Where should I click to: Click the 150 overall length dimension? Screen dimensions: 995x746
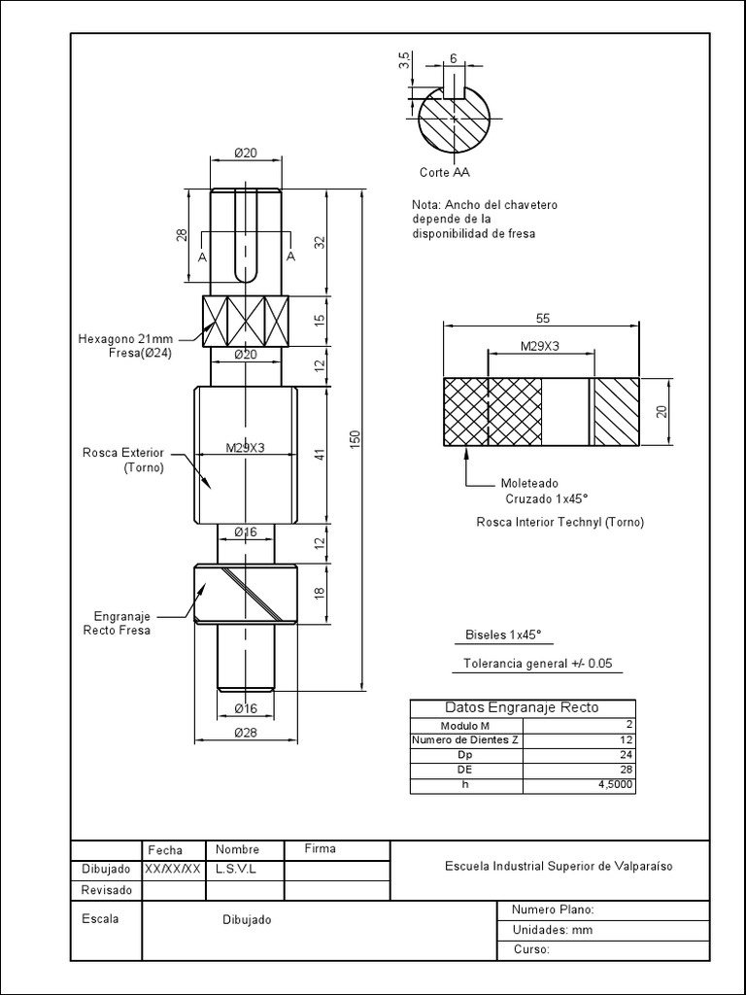[356, 438]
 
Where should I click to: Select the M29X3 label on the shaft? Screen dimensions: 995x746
[245, 448]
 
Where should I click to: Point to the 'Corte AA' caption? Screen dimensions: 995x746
[444, 172]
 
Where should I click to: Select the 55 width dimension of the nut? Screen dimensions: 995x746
[541, 318]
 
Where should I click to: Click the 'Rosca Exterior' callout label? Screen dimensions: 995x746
[123, 460]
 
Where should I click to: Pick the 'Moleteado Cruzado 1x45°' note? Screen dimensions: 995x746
[535, 491]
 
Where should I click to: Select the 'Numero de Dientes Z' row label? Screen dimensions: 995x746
[465, 740]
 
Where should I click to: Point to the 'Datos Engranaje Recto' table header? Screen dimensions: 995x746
[522, 707]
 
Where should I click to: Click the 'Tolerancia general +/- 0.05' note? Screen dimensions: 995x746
[537, 665]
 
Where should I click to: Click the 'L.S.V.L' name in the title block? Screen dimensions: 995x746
[235, 869]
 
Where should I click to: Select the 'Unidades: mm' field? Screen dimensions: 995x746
[552, 930]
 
